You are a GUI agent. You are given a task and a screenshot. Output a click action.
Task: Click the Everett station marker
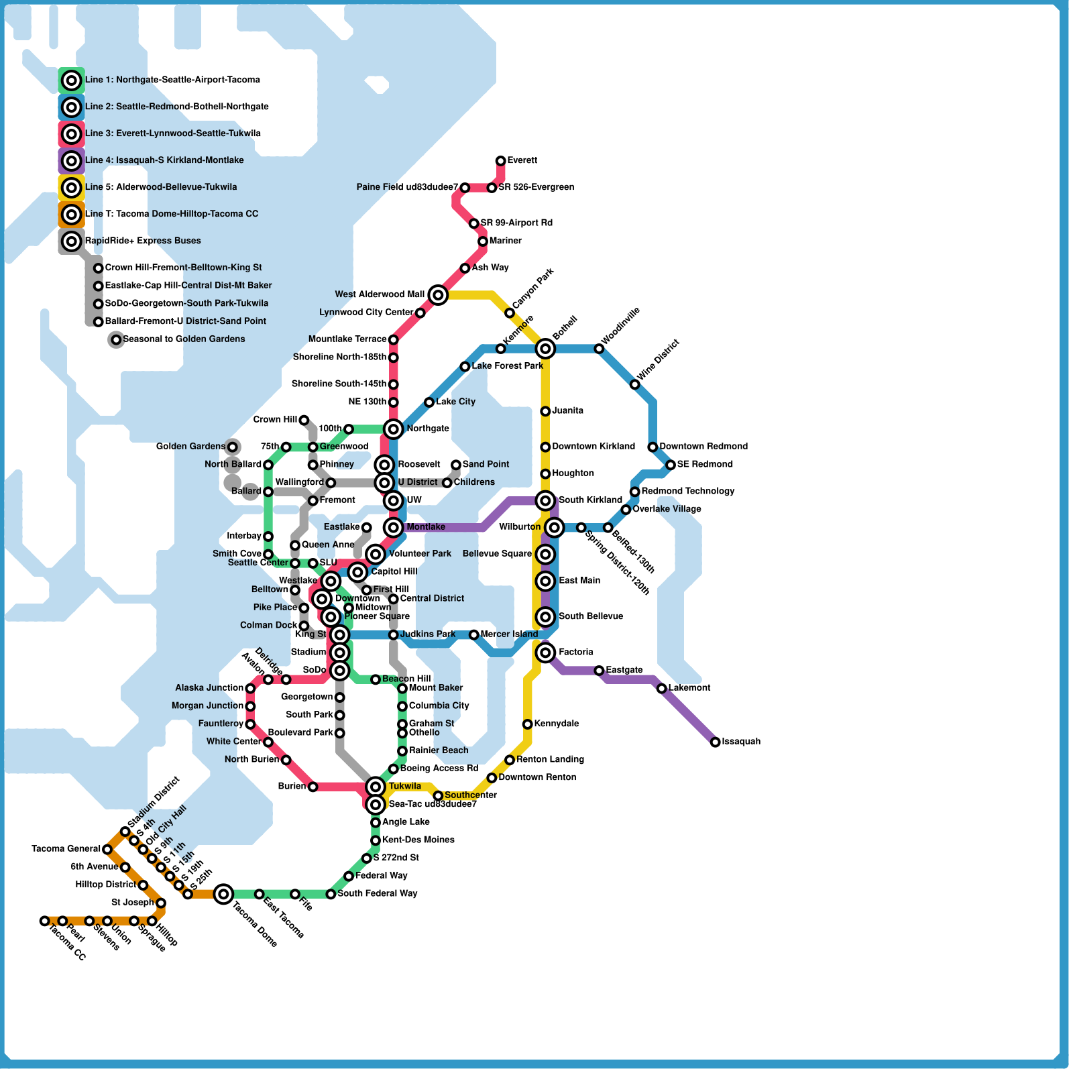pyautogui.click(x=500, y=161)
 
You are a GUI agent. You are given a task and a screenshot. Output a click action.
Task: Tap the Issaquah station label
pyautogui.click(x=741, y=742)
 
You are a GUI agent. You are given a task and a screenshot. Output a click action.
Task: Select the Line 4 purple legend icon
pyautogui.click(x=72, y=161)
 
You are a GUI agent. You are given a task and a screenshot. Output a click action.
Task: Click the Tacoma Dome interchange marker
pyautogui.click(x=224, y=894)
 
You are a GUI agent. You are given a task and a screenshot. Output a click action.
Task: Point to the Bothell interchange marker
pyautogui.click(x=545, y=349)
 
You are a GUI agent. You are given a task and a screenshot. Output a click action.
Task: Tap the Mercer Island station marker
pyautogui.click(x=473, y=634)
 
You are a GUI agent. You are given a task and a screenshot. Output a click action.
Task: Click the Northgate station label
pyautogui.click(x=428, y=429)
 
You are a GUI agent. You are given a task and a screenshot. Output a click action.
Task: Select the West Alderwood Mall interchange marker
pyautogui.click(x=438, y=294)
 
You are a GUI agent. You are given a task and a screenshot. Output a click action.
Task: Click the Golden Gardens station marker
pyautogui.click(x=232, y=447)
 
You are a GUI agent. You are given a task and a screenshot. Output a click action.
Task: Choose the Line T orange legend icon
pyautogui.click(x=72, y=215)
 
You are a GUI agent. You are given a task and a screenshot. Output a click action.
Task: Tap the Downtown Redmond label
pyautogui.click(x=703, y=447)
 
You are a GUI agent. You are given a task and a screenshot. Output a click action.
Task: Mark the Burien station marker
pyautogui.click(x=313, y=787)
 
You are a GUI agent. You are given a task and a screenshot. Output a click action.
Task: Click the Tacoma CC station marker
pyautogui.click(x=44, y=921)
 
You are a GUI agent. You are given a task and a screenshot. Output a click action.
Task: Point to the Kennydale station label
pyautogui.click(x=557, y=724)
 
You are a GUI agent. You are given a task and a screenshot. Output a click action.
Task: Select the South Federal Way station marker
pyautogui.click(x=331, y=894)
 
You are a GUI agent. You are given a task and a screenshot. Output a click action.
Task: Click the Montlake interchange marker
pyautogui.click(x=394, y=528)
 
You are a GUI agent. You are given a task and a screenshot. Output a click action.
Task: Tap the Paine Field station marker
pyautogui.click(x=465, y=188)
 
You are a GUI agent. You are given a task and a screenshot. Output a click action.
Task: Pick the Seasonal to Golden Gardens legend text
pyautogui.click(x=184, y=339)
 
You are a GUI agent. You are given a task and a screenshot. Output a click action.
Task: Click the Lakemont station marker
pyautogui.click(x=661, y=689)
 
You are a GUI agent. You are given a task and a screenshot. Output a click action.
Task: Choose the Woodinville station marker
pyautogui.click(x=599, y=349)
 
